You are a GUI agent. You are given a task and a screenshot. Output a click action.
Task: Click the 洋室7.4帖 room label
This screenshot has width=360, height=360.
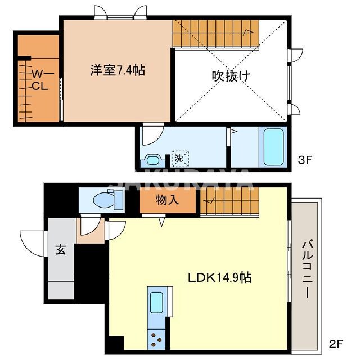pos(118,71)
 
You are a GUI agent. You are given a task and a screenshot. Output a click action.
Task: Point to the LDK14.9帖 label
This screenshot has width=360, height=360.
pos(219,277)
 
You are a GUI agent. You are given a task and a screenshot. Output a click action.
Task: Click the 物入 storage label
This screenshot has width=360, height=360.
pos(168,200)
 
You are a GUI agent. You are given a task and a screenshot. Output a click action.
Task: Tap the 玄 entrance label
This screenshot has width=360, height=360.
pos(61,250)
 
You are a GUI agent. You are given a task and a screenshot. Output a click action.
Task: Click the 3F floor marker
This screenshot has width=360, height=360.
pos(304,160)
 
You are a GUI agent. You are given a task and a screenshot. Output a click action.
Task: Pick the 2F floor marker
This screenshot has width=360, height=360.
pos(335,343)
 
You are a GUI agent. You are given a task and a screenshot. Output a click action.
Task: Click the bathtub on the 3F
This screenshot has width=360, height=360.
pos(273,147)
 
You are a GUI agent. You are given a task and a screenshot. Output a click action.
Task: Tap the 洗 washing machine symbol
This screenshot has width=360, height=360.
pos(180,159)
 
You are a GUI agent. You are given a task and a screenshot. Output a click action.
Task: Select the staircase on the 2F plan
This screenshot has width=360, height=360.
pos(231,201)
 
